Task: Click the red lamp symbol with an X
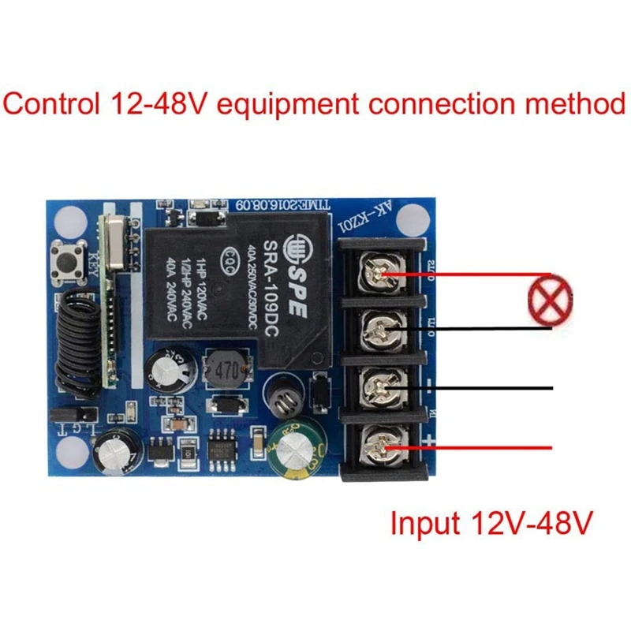[x=550, y=297]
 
